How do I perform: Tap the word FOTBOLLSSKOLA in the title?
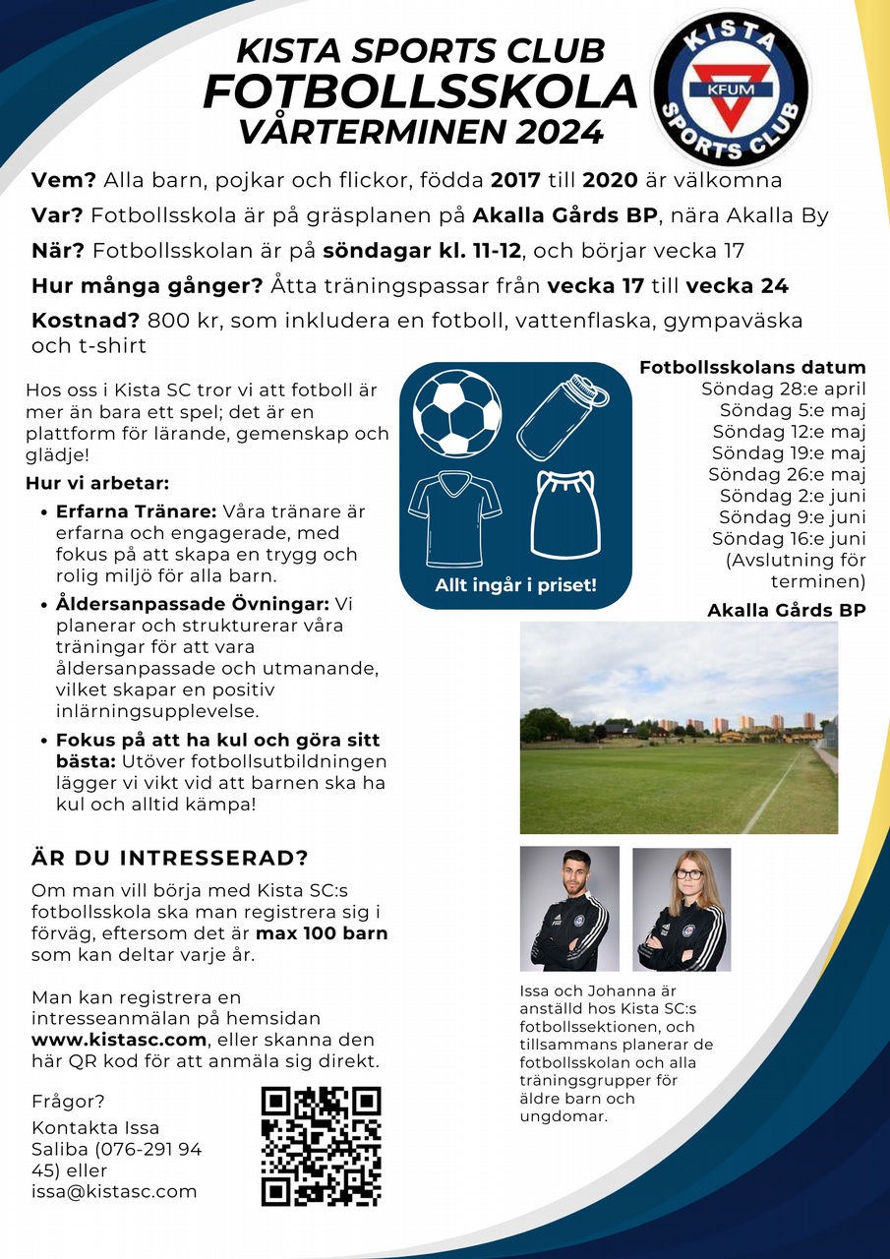420,91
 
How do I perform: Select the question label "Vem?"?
64,180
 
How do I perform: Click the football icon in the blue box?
457,411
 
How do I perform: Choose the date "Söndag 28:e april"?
783,389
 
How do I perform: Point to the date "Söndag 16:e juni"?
789,538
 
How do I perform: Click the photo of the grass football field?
679,727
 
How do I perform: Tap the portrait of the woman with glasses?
682,910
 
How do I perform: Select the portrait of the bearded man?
569,909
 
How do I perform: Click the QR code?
321,1146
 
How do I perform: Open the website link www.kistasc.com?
119,1040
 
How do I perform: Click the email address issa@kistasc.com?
114,1191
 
